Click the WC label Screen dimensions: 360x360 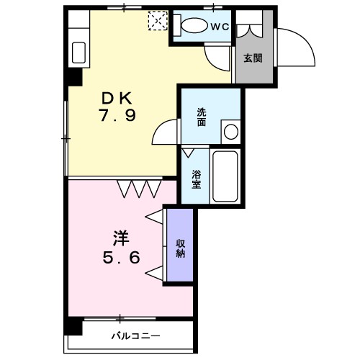pyautogui.click(x=220, y=27)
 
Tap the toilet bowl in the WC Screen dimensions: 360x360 pyautogui.click(x=194, y=25)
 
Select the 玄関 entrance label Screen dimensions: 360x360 pyautogui.click(x=253, y=58)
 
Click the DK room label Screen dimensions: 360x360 pyautogui.click(x=117, y=99)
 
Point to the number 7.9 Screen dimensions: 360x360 pyautogui.click(x=118, y=114)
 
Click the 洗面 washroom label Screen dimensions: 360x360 pyautogui.click(x=202, y=117)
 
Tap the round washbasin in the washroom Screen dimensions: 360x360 pyautogui.click(x=231, y=132)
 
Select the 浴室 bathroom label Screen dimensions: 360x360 pyautogui.click(x=196, y=179)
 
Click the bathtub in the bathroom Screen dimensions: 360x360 pyautogui.click(x=225, y=176)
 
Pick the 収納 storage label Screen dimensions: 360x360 pyautogui.click(x=181, y=248)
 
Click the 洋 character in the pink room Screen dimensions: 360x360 pyautogui.click(x=122, y=238)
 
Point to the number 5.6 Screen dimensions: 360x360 pyautogui.click(x=121, y=258)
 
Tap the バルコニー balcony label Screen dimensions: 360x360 pyautogui.click(x=135, y=336)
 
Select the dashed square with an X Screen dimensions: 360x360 pyautogui.click(x=158, y=21)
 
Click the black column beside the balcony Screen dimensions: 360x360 pyautogui.click(x=73, y=325)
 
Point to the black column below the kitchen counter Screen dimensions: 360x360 pyautogui.click(x=74, y=77)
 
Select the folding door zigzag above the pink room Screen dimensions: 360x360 pyautogui.click(x=139, y=189)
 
